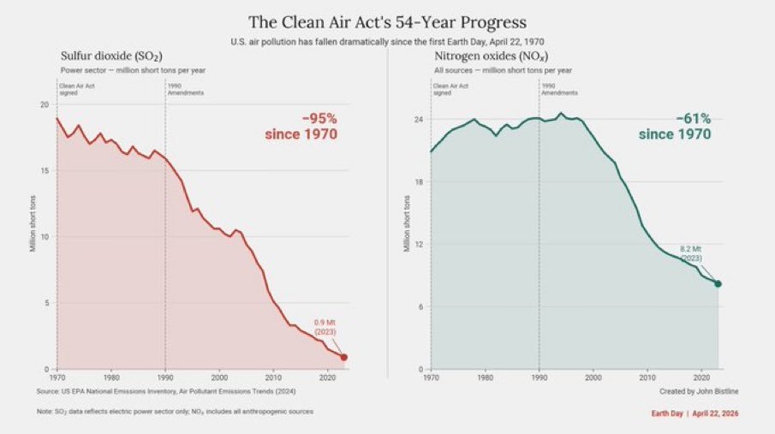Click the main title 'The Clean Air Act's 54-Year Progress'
387,21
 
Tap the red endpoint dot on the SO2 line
344,357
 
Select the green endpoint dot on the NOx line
718,284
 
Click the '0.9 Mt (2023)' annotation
325,327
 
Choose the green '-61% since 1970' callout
675,127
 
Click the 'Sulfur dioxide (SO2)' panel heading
111,56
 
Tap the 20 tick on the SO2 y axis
45,104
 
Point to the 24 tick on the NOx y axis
418,120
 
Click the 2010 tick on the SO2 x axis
273,377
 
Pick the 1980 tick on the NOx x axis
485,377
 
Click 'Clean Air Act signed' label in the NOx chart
451,89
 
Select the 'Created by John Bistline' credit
699,391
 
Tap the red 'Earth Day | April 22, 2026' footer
695,413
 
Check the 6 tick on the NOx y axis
420,306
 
